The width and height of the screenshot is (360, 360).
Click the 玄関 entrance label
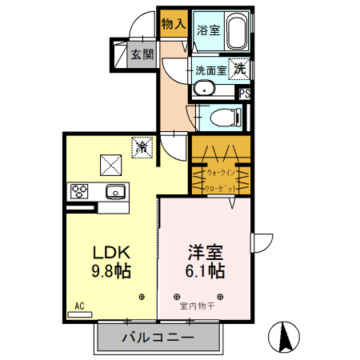point(144,55)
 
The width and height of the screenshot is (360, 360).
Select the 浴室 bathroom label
point(209,30)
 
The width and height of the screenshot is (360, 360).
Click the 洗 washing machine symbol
point(240,70)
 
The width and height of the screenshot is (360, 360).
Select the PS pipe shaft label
point(244,94)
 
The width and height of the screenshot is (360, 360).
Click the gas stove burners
point(81,191)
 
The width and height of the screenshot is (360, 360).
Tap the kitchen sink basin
point(115,191)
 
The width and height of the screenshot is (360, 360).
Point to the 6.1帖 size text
point(206,271)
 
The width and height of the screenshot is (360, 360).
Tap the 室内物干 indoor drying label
point(197,306)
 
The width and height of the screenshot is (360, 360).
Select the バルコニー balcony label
point(158,338)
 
